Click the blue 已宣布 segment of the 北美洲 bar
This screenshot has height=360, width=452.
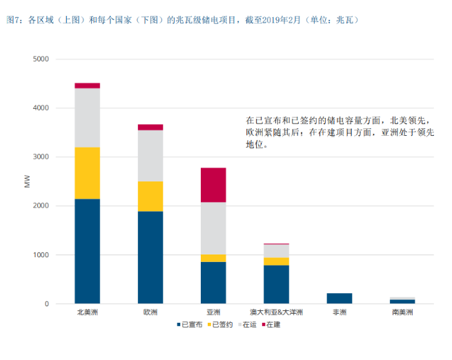click(87, 251)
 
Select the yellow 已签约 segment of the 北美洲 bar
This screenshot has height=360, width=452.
click(87, 173)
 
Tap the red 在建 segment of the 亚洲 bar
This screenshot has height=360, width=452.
click(213, 185)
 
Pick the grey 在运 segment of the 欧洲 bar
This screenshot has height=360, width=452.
click(150, 156)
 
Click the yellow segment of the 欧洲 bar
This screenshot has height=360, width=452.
click(150, 197)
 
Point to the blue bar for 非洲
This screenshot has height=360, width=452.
click(340, 299)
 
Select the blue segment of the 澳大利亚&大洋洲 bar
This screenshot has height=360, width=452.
click(276, 285)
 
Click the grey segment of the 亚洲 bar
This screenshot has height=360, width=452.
click(213, 228)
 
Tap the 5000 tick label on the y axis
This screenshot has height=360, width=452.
click(41, 59)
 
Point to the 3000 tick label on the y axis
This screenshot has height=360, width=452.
click(41, 157)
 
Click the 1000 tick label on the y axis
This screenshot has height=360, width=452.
click(41, 255)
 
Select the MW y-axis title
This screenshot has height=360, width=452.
click(27, 181)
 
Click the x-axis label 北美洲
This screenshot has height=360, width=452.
click(87, 312)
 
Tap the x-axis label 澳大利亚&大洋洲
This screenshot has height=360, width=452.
click(276, 312)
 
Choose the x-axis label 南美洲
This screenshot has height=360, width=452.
click(402, 312)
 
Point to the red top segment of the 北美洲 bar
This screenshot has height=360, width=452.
click(87, 86)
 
